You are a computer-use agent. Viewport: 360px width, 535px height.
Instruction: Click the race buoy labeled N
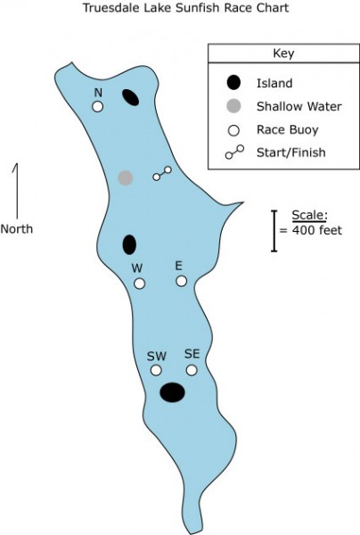[x=97, y=107]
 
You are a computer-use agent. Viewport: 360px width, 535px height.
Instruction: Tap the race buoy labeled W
[x=139, y=284]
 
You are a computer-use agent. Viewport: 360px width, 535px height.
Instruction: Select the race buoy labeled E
[x=182, y=281]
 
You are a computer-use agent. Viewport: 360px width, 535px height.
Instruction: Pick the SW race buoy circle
[x=156, y=370]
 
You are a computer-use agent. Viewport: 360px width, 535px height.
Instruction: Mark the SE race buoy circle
[x=192, y=370]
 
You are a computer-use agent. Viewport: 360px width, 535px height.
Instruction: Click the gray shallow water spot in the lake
[x=126, y=178]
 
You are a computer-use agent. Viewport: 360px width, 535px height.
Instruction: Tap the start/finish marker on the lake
[x=162, y=173]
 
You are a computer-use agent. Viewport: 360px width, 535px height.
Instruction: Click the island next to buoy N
[x=130, y=97]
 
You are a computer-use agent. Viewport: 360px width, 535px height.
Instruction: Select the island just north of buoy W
[x=129, y=244]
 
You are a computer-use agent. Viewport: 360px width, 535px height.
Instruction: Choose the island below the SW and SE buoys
[x=173, y=392]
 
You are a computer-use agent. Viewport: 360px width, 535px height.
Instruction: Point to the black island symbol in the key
[x=233, y=83]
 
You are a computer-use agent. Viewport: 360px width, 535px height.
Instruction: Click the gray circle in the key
[x=233, y=106]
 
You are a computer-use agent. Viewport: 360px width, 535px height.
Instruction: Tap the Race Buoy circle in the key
[x=233, y=130]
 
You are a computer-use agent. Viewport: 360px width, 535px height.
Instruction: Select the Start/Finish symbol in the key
[x=234, y=152]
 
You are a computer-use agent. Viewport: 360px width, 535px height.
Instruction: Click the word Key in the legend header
[x=283, y=53]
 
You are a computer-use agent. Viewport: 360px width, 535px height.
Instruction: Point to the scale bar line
[x=274, y=231]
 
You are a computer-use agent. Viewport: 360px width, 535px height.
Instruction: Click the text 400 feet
[x=317, y=230]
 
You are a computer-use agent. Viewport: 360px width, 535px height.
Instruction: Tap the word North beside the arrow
[x=17, y=228]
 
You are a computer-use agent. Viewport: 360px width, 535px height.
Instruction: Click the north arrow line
[x=16, y=191]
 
